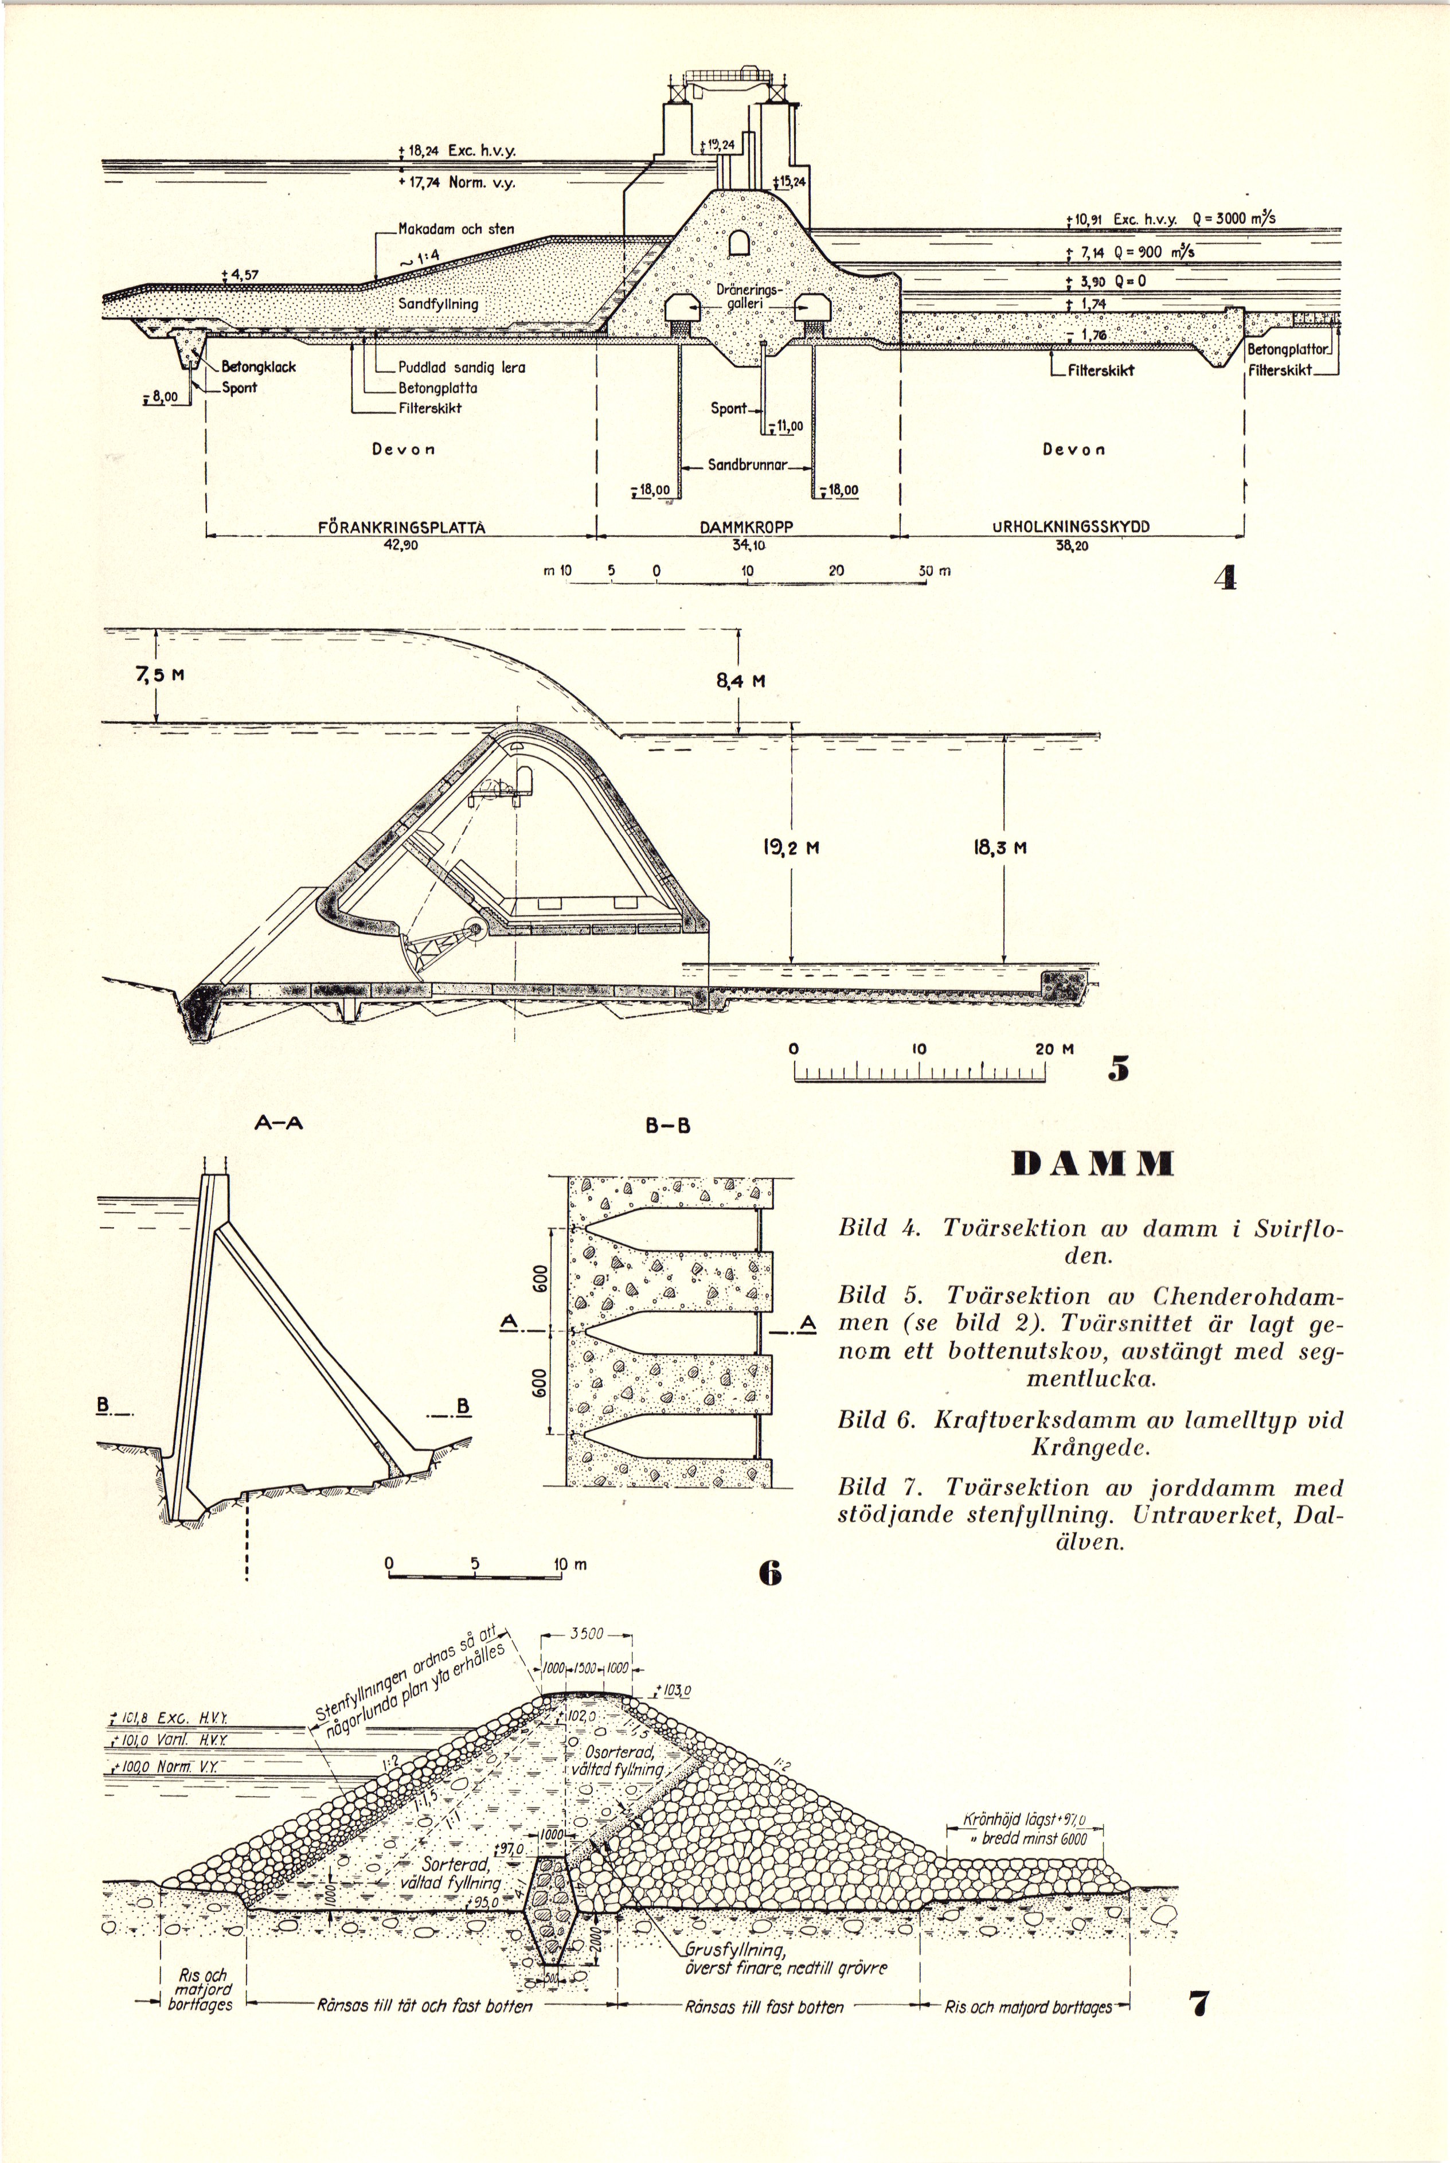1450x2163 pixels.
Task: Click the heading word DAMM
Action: click(x=1092, y=1164)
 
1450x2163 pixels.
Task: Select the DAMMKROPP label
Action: click(x=747, y=528)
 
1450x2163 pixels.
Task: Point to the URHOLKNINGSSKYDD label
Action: click(x=1071, y=528)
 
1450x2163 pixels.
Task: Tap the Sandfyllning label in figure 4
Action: click(x=439, y=303)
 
